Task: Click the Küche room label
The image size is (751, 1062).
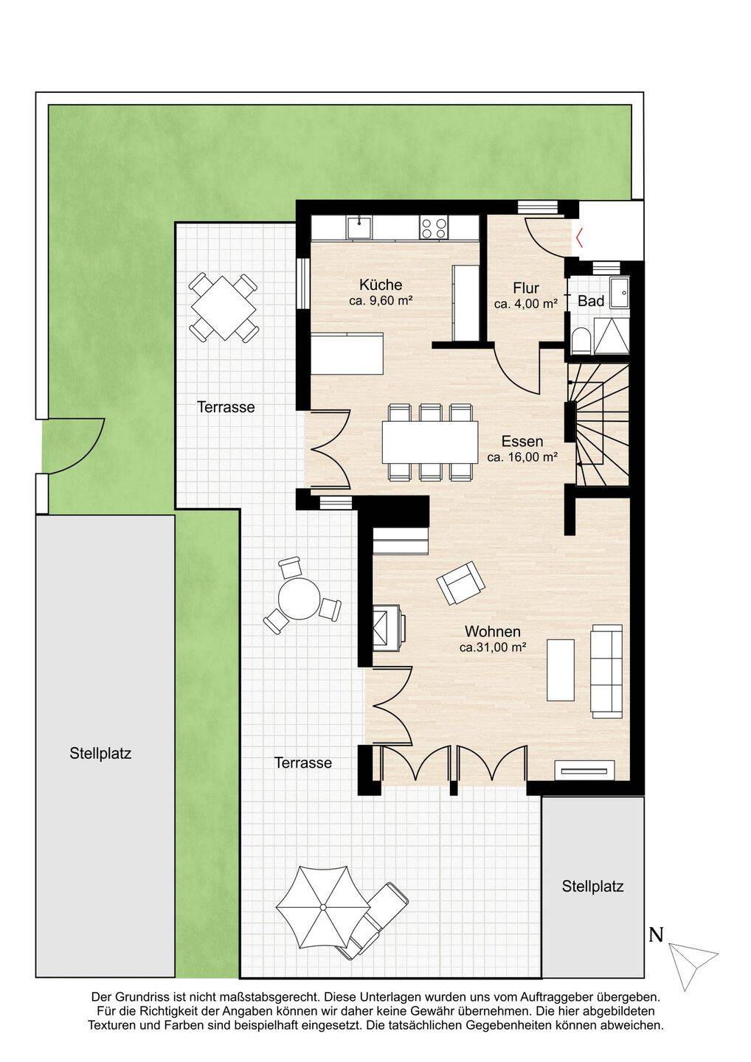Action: click(x=380, y=285)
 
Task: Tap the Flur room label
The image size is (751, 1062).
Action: click(x=526, y=288)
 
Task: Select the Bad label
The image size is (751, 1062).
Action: click(x=591, y=301)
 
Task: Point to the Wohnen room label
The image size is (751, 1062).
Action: click(x=493, y=631)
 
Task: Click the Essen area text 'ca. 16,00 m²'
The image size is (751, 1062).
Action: click(x=522, y=457)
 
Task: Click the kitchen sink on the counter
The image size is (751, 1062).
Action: click(x=359, y=227)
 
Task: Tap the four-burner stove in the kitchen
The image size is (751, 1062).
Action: click(x=433, y=227)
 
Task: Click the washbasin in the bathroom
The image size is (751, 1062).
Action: click(x=620, y=292)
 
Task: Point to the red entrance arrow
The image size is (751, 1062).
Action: click(x=579, y=237)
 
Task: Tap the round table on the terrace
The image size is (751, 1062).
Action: click(x=298, y=598)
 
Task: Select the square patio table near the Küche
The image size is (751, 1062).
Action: click(x=224, y=307)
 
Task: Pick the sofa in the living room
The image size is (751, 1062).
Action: click(x=606, y=671)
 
